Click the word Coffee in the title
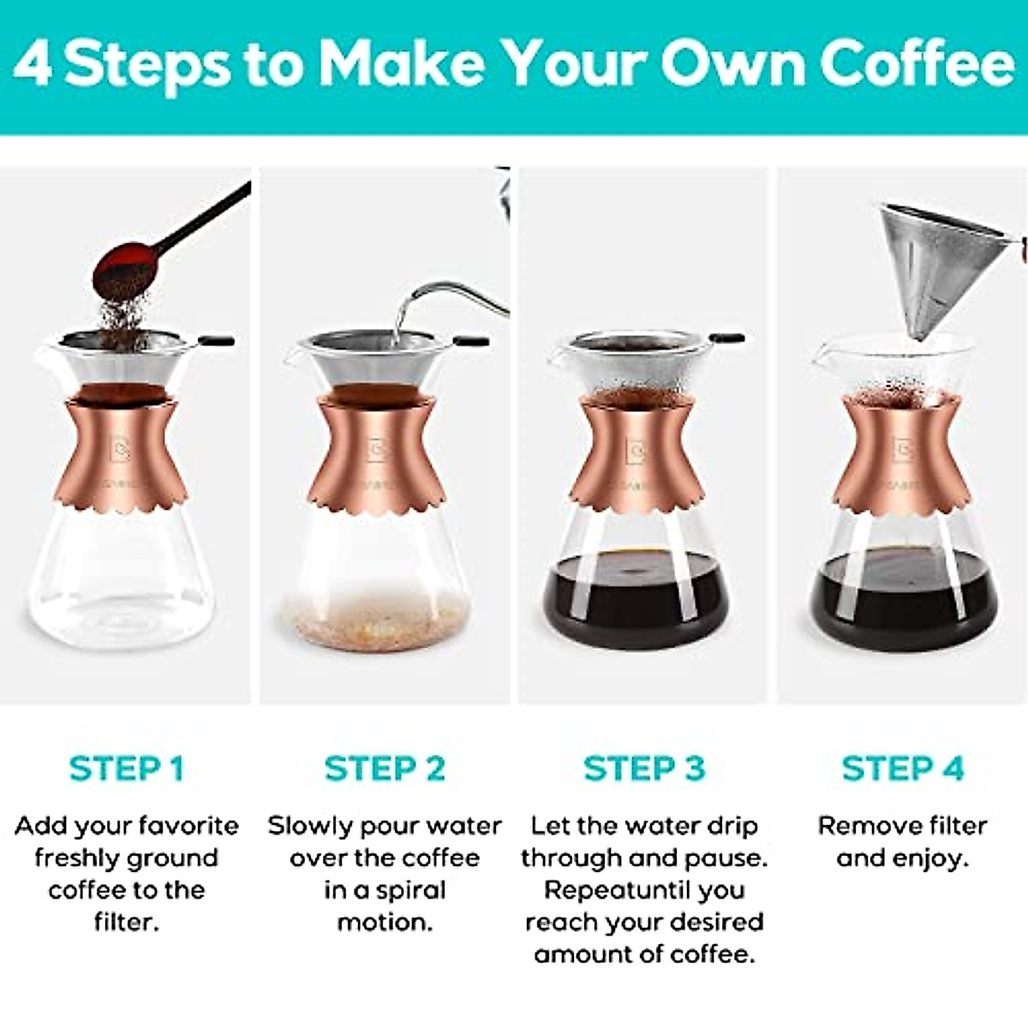(917, 64)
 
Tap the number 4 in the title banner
(33, 64)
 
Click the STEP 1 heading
(126, 768)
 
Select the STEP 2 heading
(385, 768)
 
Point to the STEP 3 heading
(644, 768)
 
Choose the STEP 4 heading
(902, 768)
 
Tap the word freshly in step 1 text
(74, 858)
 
